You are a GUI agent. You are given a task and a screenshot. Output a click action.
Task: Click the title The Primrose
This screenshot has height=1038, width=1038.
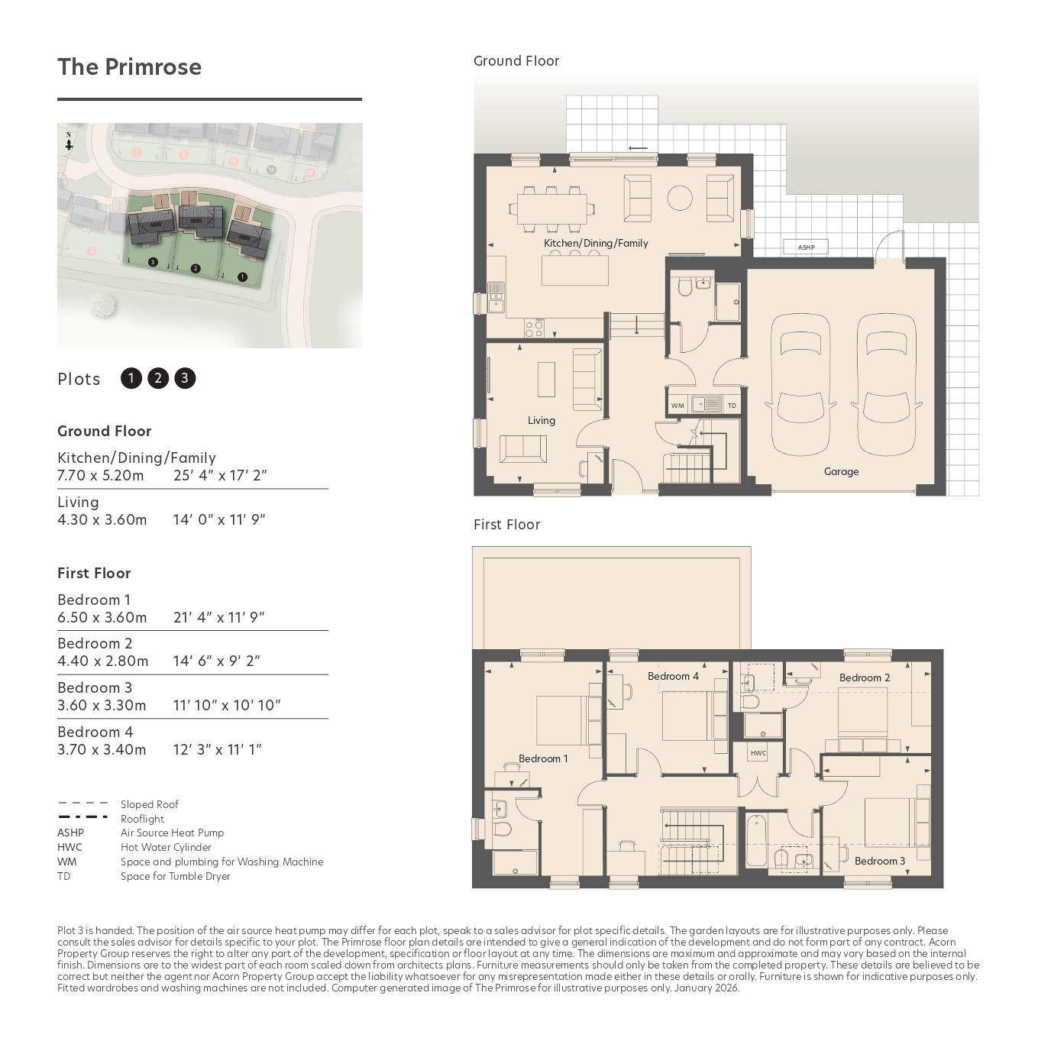click(x=129, y=66)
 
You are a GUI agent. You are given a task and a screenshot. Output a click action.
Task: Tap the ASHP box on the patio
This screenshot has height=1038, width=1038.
click(x=806, y=247)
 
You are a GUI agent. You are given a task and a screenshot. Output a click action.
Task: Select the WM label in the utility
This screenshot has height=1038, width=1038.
click(x=677, y=406)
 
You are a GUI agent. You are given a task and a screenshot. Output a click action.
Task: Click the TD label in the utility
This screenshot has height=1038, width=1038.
click(x=732, y=406)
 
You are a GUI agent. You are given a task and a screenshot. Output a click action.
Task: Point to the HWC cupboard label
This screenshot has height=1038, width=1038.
click(x=758, y=753)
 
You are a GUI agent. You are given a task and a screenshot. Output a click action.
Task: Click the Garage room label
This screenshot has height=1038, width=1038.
click(x=841, y=471)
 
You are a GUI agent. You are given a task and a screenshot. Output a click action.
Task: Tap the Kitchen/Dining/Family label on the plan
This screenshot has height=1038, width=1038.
click(x=596, y=243)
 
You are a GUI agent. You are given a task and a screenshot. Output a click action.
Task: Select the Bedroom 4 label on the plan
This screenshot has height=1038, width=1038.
click(x=673, y=676)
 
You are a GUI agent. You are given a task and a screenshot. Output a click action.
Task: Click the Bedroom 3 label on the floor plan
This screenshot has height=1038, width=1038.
click(x=880, y=861)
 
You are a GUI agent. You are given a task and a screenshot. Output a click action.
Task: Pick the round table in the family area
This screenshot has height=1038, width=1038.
click(x=680, y=198)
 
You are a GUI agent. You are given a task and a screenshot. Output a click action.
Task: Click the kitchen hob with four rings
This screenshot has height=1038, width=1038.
click(x=535, y=328)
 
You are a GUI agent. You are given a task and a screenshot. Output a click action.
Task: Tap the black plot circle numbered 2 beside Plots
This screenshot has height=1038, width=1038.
click(x=158, y=378)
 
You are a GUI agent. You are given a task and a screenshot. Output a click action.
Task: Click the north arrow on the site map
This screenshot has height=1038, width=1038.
click(x=69, y=141)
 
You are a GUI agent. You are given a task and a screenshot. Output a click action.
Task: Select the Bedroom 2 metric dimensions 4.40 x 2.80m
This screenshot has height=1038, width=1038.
click(x=103, y=661)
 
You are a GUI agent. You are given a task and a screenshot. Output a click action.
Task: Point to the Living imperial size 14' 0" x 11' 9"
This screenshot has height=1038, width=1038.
click(x=219, y=519)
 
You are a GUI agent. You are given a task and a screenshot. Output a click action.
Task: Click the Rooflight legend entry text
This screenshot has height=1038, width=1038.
click(x=142, y=819)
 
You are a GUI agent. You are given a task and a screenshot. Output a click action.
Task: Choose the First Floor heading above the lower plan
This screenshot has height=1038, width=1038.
click(x=506, y=524)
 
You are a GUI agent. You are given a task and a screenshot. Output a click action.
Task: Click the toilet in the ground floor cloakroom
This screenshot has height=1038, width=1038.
click(x=684, y=287)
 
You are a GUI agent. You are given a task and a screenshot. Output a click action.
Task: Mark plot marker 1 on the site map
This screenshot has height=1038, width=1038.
click(x=242, y=276)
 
